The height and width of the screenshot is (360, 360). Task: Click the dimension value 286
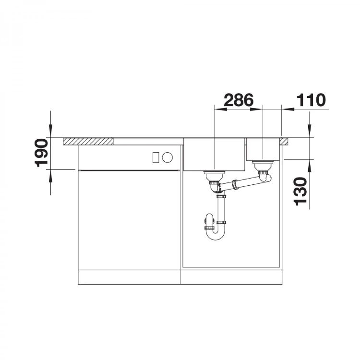point(239,100)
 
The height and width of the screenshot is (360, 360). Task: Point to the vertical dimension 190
point(42,153)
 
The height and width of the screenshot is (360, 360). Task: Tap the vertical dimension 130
point(300,191)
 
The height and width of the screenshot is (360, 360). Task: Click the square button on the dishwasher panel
point(155,156)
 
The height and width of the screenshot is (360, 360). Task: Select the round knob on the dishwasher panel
point(168,156)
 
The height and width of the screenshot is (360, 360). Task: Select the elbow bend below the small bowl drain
point(265,178)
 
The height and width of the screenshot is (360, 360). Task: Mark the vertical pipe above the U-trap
point(221,209)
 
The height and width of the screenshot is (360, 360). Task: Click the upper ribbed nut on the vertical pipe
point(221,195)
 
